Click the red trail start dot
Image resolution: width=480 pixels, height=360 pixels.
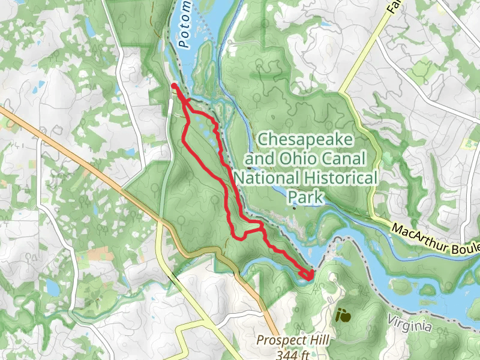(x=174, y=86)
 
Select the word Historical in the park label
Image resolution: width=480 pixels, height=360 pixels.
(x=337, y=178)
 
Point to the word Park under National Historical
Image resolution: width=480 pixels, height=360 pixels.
(x=306, y=197)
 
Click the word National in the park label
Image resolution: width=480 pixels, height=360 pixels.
(x=263, y=178)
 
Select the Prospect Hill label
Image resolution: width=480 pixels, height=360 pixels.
(x=293, y=340)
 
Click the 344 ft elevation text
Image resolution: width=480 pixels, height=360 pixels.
(x=293, y=354)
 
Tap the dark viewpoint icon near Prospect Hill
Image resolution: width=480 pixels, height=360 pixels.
(x=343, y=314)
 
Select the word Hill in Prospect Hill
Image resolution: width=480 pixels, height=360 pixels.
(x=319, y=340)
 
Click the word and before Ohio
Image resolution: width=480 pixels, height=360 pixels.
(x=257, y=159)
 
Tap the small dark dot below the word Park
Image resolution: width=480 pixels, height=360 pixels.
(x=295, y=208)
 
